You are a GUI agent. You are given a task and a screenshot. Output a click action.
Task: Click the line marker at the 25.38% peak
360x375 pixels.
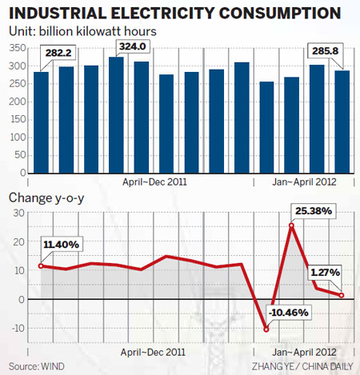[x=291, y=225]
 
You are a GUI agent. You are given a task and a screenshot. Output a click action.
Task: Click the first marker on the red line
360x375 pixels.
[x=41, y=265]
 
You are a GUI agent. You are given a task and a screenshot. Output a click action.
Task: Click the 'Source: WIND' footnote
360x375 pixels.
[x=38, y=365]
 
